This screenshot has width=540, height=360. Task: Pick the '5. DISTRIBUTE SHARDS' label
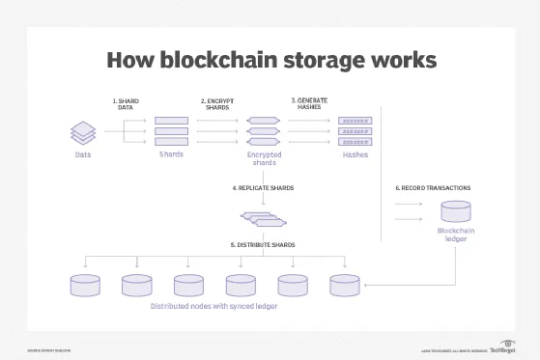tap(263, 245)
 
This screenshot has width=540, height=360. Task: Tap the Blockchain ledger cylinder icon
tap(455, 211)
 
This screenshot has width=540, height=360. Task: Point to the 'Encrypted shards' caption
tap(263, 158)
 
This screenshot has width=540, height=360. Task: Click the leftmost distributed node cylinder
tap(85, 285)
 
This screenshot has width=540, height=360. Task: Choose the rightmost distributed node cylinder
tap(345, 285)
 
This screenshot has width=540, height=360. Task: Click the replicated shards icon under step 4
tap(263, 216)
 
